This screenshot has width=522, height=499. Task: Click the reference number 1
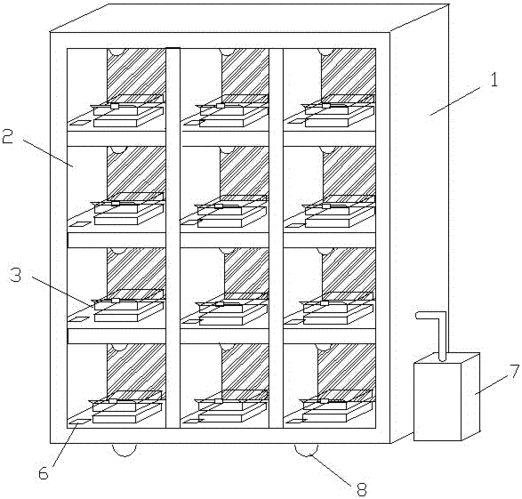tap(494, 80)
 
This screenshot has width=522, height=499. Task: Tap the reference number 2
tap(8, 137)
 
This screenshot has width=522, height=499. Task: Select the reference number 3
tap(16, 275)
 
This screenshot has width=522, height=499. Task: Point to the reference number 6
tap(43, 473)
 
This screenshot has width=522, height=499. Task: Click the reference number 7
tap(514, 371)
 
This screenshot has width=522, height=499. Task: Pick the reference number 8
tap(362, 490)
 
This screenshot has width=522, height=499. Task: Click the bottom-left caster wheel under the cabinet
tap(124, 450)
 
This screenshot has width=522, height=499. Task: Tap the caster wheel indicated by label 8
tap(306, 450)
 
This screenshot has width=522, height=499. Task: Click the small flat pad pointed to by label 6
tap(79, 422)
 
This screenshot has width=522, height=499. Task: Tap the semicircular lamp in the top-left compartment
tap(116, 52)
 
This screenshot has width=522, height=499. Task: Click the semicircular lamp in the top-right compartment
tap(326, 52)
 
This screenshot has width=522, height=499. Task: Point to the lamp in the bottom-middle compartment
tap(227, 347)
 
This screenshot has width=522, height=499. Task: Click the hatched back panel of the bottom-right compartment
tap(347, 369)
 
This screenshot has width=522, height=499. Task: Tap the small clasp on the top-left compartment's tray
tap(114, 106)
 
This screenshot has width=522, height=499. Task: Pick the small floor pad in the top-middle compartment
tap(191, 123)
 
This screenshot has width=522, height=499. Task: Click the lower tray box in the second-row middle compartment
tap(232, 217)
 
